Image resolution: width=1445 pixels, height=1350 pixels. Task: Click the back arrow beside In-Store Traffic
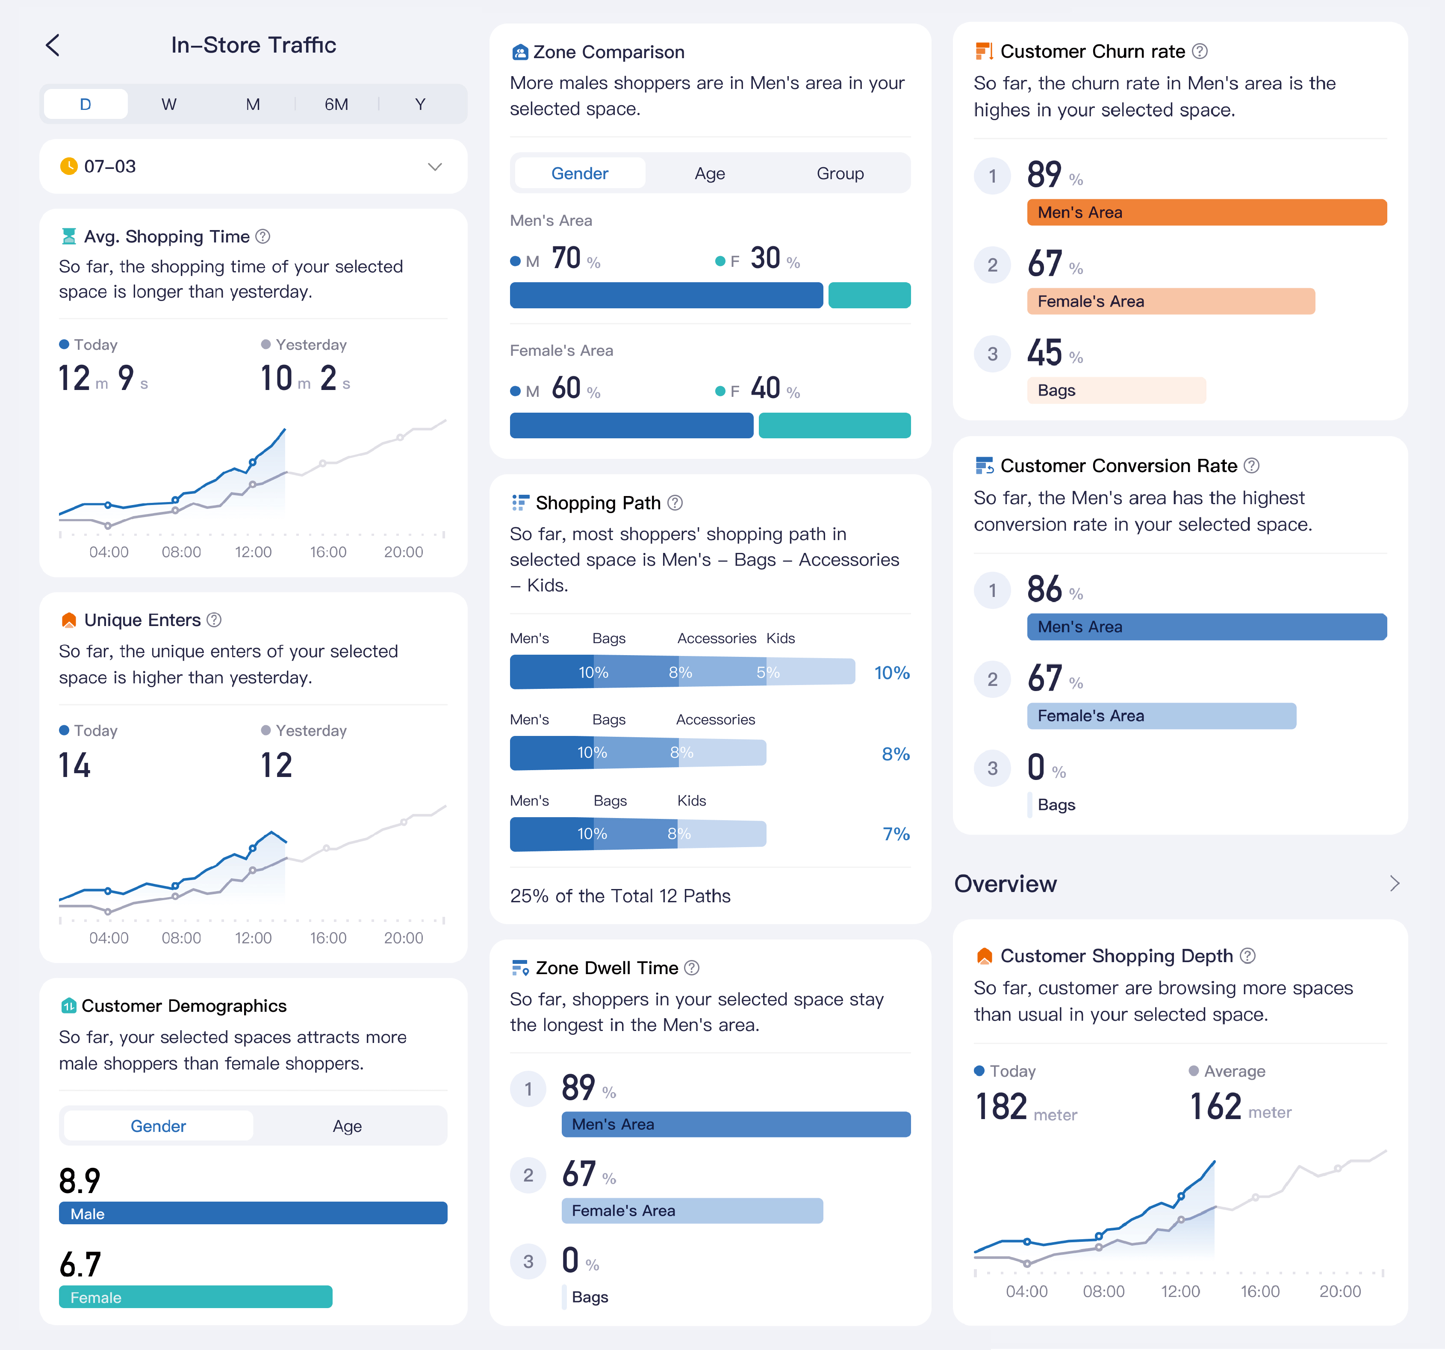(53, 45)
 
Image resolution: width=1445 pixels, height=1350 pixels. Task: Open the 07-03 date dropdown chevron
(435, 166)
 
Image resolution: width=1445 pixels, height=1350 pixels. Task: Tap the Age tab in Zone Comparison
(709, 174)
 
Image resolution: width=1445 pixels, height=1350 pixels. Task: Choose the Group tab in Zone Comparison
(840, 174)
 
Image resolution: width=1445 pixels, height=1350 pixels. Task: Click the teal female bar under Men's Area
(869, 295)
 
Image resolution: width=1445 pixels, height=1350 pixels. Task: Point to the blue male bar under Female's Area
(631, 425)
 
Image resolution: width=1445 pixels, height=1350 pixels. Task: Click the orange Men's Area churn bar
(1206, 212)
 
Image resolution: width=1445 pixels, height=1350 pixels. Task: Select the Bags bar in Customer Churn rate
(1116, 390)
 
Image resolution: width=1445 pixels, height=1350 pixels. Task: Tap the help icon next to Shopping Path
(675, 503)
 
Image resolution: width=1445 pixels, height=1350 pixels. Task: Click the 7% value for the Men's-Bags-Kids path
(896, 834)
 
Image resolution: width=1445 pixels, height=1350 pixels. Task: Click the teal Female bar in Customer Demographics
(195, 1297)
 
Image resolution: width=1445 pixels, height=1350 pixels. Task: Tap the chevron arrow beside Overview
(1394, 883)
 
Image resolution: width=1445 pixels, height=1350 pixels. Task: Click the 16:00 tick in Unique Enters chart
(328, 938)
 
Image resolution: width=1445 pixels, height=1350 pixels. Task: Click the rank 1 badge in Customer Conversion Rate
(992, 590)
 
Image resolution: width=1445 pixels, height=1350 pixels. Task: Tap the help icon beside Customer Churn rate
(1200, 52)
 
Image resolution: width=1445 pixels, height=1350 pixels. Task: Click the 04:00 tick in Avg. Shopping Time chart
(109, 552)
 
